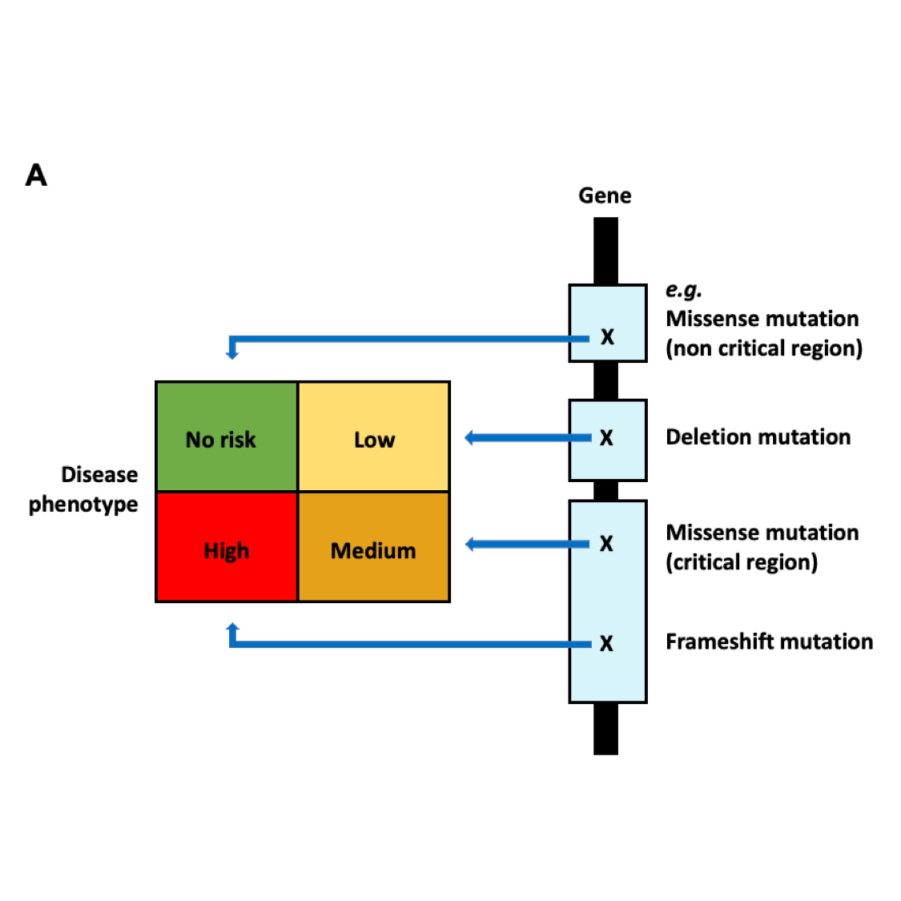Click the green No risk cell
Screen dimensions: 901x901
(x=227, y=436)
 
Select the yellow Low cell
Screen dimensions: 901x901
(x=374, y=436)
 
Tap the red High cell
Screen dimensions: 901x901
(x=227, y=548)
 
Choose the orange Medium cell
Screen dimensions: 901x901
(x=374, y=548)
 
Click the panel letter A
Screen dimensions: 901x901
(x=36, y=175)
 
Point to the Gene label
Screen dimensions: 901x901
(x=605, y=195)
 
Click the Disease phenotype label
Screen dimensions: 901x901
(x=83, y=489)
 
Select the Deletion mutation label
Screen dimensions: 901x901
(x=758, y=436)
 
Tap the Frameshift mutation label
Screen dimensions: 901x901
(x=769, y=642)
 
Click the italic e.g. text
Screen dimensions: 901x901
(x=684, y=290)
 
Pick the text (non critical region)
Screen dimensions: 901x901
(x=764, y=348)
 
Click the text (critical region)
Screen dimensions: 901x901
(x=742, y=562)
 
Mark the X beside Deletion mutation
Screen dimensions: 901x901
(x=606, y=438)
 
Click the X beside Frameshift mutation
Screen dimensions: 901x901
(x=606, y=644)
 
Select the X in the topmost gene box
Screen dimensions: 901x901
(x=607, y=337)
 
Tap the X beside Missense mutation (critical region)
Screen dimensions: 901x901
(x=606, y=544)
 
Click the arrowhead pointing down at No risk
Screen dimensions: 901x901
(x=232, y=354)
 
